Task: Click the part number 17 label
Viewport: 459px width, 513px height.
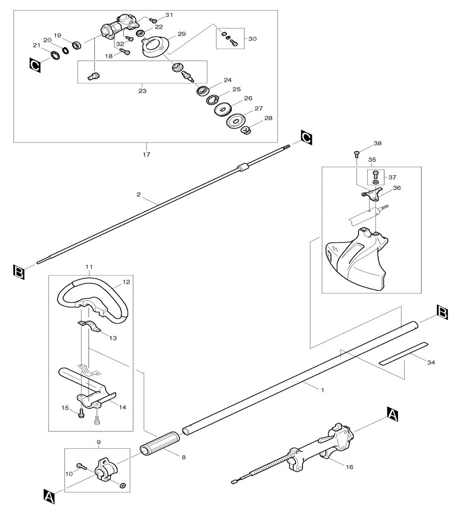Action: point(146,154)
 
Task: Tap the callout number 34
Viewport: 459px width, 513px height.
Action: point(431,362)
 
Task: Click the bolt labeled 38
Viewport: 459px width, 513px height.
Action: point(357,154)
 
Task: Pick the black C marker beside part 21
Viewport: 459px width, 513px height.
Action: point(35,65)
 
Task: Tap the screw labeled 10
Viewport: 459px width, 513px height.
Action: point(81,466)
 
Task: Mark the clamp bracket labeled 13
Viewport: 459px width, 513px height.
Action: point(90,326)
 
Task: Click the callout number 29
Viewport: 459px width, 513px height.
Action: point(181,34)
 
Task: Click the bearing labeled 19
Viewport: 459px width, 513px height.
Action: point(77,45)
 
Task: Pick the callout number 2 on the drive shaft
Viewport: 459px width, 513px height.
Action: point(139,194)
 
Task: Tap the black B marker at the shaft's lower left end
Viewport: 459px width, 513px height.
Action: point(19,272)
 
